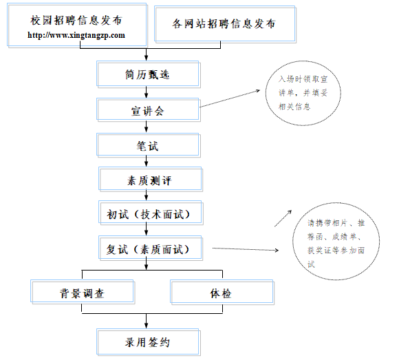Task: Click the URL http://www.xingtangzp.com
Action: click(x=76, y=35)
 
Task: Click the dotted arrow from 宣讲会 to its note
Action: click(x=230, y=98)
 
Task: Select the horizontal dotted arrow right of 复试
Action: click(x=246, y=249)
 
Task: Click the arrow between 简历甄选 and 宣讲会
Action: click(x=146, y=92)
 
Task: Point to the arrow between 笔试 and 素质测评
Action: click(x=146, y=161)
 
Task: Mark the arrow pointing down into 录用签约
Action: click(x=146, y=321)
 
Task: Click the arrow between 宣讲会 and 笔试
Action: click(x=146, y=127)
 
